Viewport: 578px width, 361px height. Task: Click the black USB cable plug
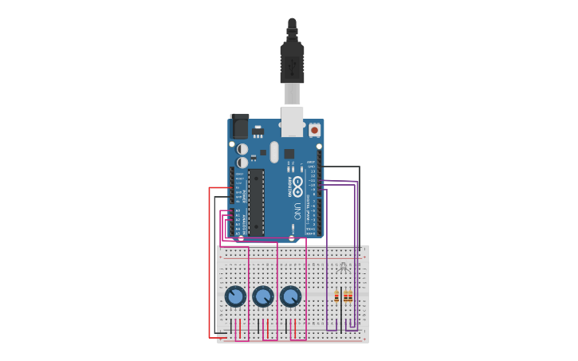tap(292, 60)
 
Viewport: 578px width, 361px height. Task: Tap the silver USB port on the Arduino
tap(292, 122)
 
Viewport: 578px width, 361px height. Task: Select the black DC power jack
tap(239, 126)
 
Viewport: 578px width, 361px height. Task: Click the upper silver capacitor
tap(242, 149)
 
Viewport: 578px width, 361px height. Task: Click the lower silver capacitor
tap(242, 163)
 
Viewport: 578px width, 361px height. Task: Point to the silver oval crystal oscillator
tap(274, 152)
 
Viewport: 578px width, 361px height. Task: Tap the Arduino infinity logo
tap(297, 187)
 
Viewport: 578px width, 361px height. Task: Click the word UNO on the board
tap(297, 211)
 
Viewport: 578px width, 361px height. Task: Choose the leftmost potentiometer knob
tap(235, 296)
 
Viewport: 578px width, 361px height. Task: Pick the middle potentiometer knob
tap(263, 296)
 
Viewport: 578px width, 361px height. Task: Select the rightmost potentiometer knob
tap(291, 296)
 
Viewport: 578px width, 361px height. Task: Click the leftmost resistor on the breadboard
tap(336, 296)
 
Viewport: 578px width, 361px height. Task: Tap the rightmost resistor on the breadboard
tap(350, 296)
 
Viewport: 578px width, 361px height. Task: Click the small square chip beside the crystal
tap(289, 153)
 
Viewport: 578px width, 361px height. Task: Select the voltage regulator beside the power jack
tap(258, 131)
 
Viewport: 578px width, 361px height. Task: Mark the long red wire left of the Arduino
tap(210, 263)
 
